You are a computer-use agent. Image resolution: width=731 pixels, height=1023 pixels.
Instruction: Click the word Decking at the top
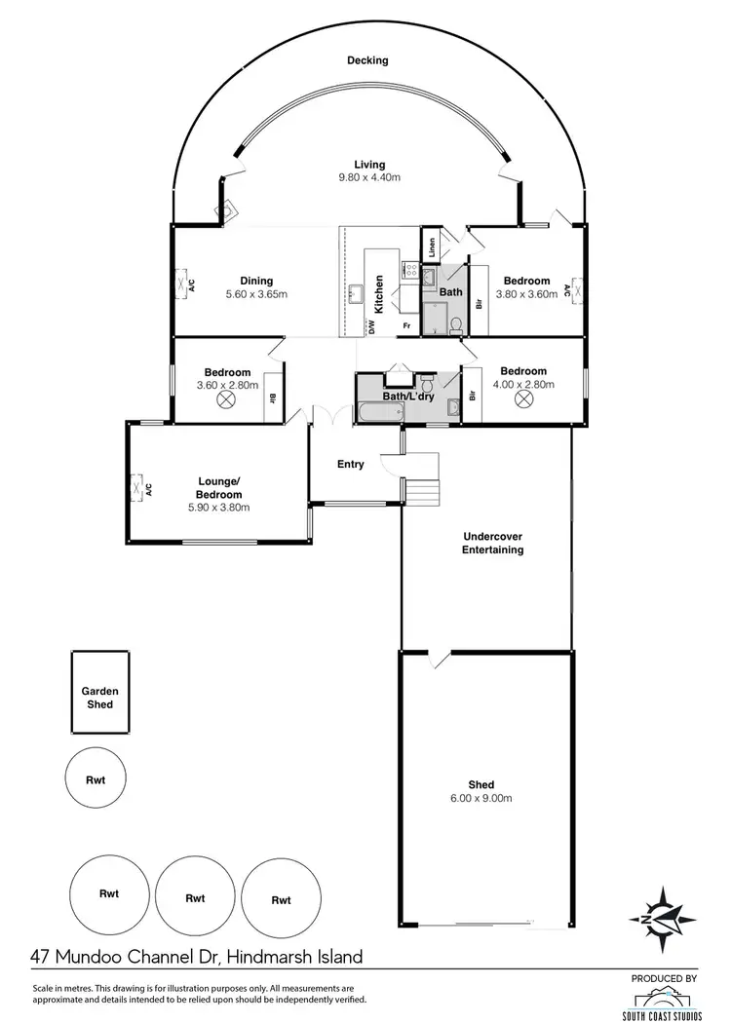pos(367,60)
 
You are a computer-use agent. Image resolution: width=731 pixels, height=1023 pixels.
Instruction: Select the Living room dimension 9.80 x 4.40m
pos(369,177)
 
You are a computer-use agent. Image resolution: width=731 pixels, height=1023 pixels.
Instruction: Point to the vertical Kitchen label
pos(379,294)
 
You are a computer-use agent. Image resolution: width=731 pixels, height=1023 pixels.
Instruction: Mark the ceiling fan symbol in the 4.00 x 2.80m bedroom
pos(522,398)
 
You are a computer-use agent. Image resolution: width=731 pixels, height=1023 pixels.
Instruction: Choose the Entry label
pos(351,465)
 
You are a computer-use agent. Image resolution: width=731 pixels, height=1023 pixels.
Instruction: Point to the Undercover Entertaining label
pos(493,543)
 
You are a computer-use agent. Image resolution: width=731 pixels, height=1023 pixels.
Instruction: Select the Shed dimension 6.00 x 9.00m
pos(481,798)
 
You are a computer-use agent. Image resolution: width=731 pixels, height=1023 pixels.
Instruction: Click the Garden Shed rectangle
pos(97,693)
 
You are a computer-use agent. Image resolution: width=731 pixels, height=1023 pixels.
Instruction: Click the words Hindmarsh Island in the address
pos(294,957)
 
